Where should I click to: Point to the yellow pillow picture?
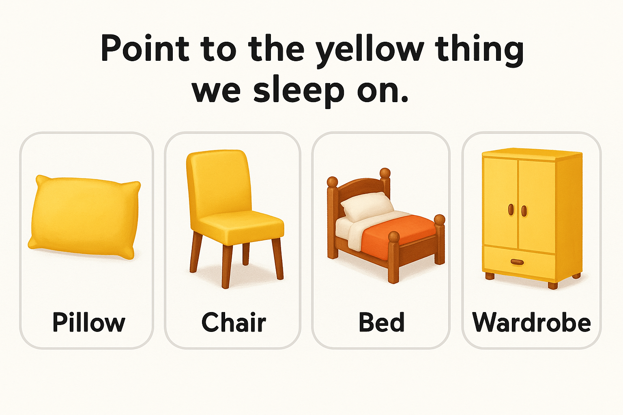84,217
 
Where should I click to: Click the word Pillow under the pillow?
89,323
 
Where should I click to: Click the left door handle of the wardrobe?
511,210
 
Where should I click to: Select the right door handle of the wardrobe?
524,211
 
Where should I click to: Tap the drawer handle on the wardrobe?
517,262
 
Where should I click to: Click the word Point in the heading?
145,48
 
